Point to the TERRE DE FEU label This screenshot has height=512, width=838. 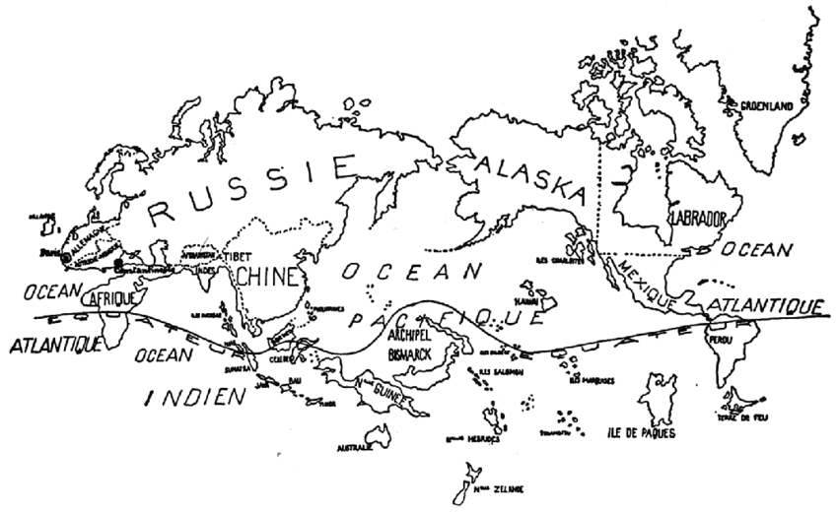point(749,417)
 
